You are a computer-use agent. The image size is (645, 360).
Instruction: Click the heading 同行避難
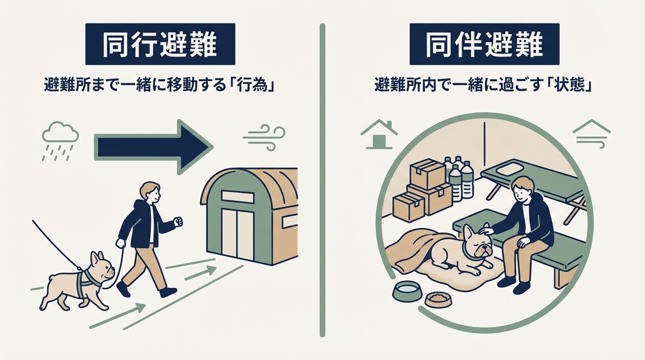pyautogui.click(x=160, y=45)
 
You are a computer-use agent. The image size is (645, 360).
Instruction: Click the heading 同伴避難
pyautogui.click(x=484, y=45)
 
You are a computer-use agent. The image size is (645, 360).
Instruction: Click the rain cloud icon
pyautogui.click(x=60, y=141)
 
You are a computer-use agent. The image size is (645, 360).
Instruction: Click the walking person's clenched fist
pyautogui.click(x=179, y=221)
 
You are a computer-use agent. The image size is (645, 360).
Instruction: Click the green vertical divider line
pyautogui.click(x=322, y=180)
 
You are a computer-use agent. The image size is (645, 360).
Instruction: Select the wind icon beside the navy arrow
pyautogui.click(x=264, y=138)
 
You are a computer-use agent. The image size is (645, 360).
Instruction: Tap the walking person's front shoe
pyautogui.click(x=168, y=292)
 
